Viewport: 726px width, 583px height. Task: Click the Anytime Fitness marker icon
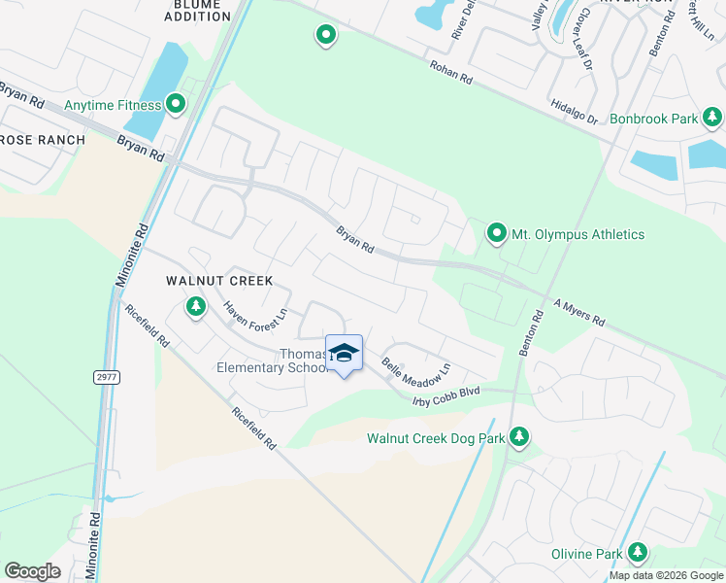pos(176,102)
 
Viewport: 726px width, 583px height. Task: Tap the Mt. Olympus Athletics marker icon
pos(497,233)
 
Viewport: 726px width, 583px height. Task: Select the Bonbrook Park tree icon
pos(713,118)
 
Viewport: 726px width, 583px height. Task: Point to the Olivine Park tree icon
pos(638,553)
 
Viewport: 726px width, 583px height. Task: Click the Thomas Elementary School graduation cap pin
pos(344,353)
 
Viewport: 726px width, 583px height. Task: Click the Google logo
pos(33,570)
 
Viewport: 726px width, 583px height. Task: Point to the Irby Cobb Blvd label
pos(446,390)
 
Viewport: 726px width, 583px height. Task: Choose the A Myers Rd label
pos(579,312)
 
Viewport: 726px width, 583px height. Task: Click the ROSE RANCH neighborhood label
pos(43,141)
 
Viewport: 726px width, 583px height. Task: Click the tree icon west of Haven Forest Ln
pos(196,308)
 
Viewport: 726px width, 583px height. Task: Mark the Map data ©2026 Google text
pos(666,575)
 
